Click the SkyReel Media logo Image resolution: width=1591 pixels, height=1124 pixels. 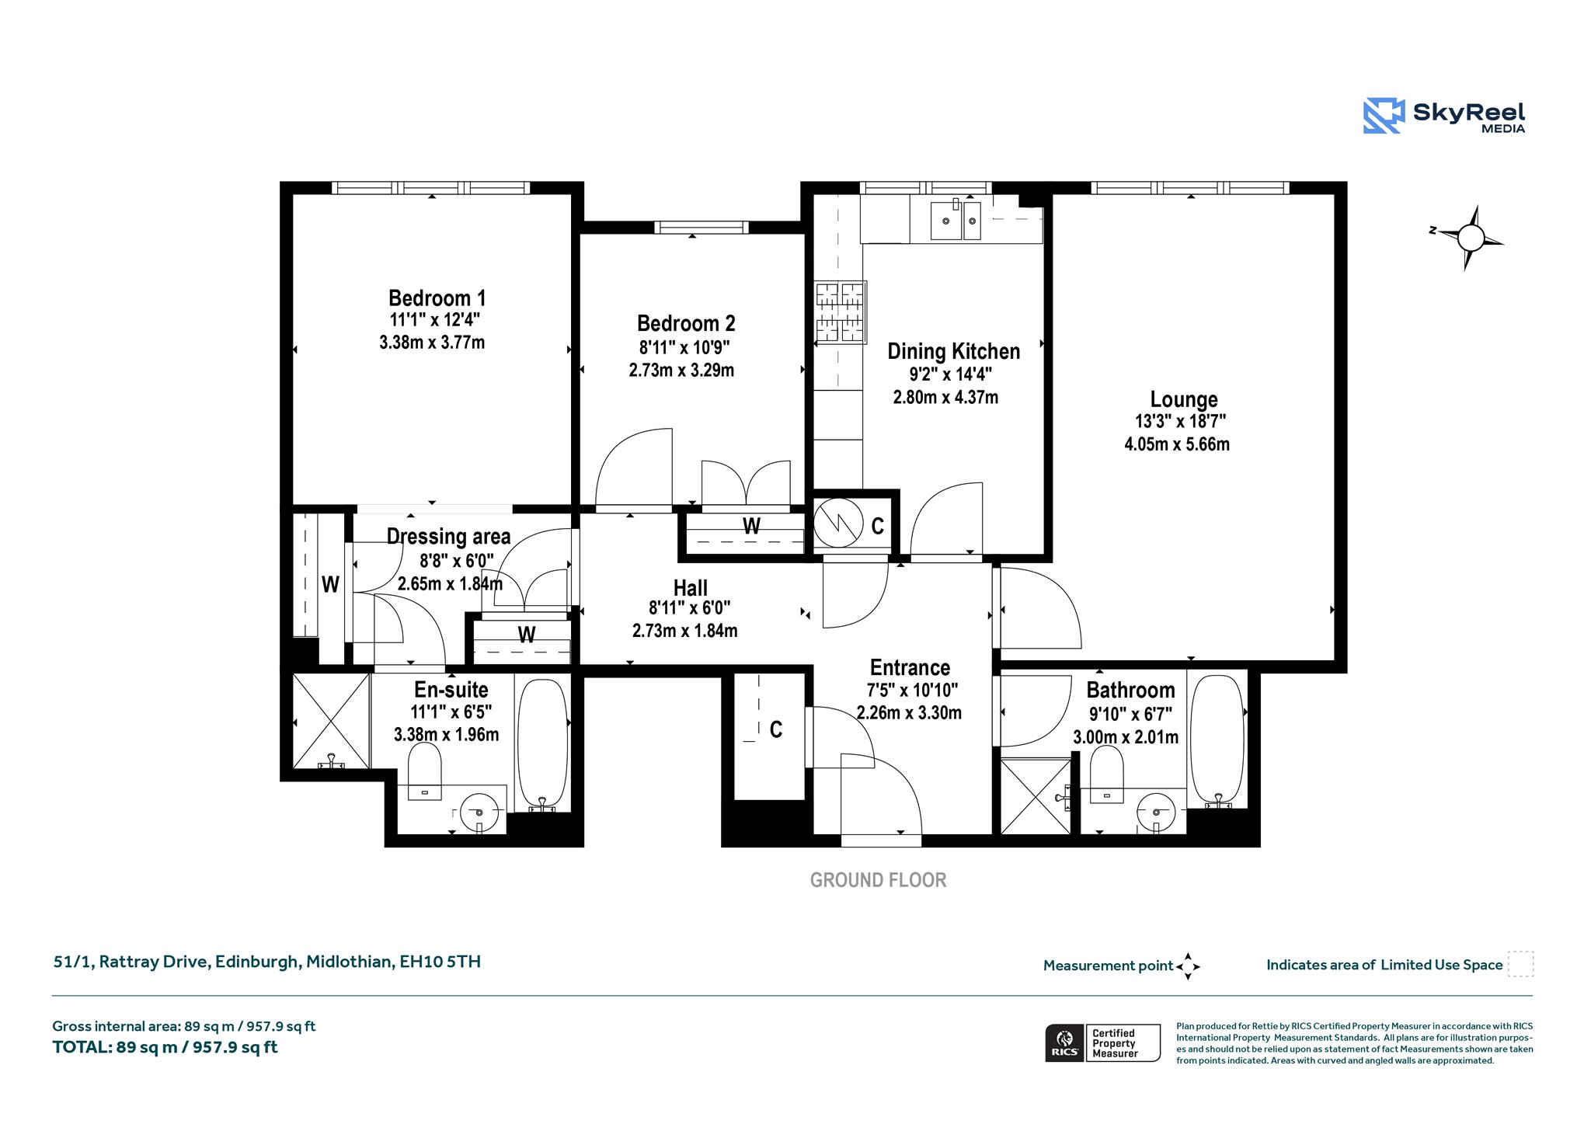point(1444,117)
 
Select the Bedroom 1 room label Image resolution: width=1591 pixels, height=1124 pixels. point(437,298)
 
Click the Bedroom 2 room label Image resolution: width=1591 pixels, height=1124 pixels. point(686,323)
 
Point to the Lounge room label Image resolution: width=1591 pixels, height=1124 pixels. point(1184,399)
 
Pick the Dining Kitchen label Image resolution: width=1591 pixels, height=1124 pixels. point(954,352)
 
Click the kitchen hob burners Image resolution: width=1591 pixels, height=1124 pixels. point(840,312)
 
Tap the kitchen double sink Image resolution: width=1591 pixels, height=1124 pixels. point(956,221)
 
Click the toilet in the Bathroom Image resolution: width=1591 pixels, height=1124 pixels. point(1106,774)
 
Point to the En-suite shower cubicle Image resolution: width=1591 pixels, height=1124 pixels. point(331,720)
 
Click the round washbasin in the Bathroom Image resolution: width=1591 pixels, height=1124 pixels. point(1157,812)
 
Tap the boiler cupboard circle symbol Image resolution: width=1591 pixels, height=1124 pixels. point(838,523)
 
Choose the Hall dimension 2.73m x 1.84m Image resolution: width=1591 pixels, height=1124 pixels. point(684,631)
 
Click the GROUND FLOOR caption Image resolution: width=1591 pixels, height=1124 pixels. point(878,880)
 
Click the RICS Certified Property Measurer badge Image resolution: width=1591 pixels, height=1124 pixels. point(1102,1043)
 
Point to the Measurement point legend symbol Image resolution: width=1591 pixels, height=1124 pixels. point(1188,966)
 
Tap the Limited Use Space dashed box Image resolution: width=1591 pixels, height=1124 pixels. point(1520,964)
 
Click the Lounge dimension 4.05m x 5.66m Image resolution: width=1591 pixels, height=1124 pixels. point(1177,444)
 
